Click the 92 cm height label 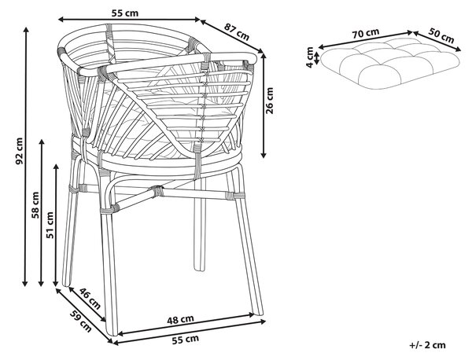pos(19,151)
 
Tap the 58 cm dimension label pos(35,205)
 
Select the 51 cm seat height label pos(50,226)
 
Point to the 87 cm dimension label pos(237,32)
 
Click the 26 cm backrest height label pos(270,101)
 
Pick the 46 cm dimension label pos(90,299)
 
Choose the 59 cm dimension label pos(81,321)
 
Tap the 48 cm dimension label pos(180,319)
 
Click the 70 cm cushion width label pos(366,33)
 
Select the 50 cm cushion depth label pos(441,35)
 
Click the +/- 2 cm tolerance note pos(427,345)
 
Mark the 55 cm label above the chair pos(125,13)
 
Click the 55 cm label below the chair pos(186,340)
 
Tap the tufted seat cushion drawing pos(390,64)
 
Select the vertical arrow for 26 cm pos(264,105)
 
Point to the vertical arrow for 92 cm pos(26,156)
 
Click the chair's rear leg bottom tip pos(199,269)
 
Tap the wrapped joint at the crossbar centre pos(157,191)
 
